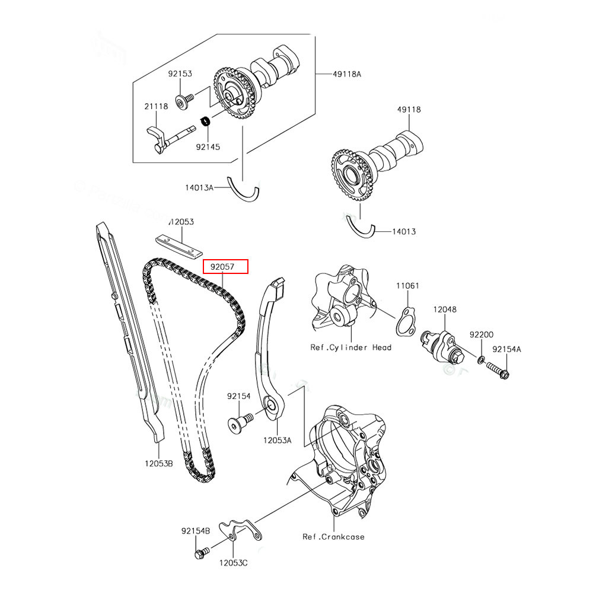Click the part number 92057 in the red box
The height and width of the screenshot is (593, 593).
(225, 267)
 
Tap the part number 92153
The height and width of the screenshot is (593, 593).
(180, 74)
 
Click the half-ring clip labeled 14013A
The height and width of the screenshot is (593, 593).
(244, 189)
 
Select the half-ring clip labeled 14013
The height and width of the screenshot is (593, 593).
(360, 228)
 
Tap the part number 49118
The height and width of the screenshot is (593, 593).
(409, 110)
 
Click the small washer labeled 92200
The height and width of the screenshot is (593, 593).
(480, 360)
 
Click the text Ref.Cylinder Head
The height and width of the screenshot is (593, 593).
(350, 347)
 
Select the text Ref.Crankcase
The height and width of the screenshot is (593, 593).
(333, 537)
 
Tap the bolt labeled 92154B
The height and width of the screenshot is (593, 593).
(200, 553)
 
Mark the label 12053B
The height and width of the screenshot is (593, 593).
(157, 463)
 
